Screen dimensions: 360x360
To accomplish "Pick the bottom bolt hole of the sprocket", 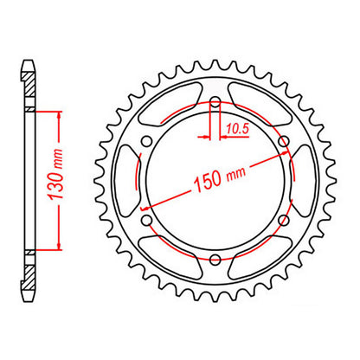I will [215, 259].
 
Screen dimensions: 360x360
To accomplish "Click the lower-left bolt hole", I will [148, 221].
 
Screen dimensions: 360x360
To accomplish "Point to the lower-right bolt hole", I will [281, 221].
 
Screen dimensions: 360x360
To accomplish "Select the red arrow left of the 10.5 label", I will [206, 135].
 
